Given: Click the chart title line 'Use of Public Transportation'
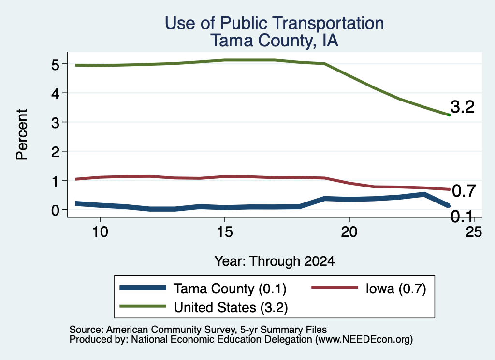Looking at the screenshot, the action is pyautogui.click(x=275, y=23).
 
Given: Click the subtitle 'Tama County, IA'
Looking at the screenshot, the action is pyautogui.click(x=275, y=41).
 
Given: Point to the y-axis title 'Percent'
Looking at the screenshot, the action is pyautogui.click(x=22, y=135).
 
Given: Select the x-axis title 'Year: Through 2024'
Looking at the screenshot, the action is pyautogui.click(x=275, y=261).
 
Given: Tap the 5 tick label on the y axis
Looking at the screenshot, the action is pyautogui.click(x=55, y=65).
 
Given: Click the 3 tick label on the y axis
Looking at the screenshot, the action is pyautogui.click(x=55, y=123).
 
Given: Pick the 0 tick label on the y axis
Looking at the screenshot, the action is pyautogui.click(x=55, y=210).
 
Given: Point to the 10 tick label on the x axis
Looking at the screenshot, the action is pyautogui.click(x=100, y=232).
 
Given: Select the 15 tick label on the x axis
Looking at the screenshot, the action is pyautogui.click(x=225, y=232).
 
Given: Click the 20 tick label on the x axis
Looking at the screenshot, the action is pyautogui.click(x=349, y=232).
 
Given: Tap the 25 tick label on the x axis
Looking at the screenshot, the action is pyautogui.click(x=474, y=232).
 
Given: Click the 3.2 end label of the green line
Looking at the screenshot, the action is pyautogui.click(x=463, y=107).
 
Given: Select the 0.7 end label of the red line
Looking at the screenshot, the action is pyautogui.click(x=464, y=191).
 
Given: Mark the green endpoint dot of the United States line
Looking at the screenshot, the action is pyautogui.click(x=449, y=115).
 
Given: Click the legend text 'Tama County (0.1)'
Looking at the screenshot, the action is pyautogui.click(x=230, y=289).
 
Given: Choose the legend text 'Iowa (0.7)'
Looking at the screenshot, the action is pyautogui.click(x=396, y=288).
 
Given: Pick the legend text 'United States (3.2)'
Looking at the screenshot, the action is pyautogui.click(x=231, y=308).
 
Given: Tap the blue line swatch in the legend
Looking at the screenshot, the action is pyautogui.click(x=143, y=288).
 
